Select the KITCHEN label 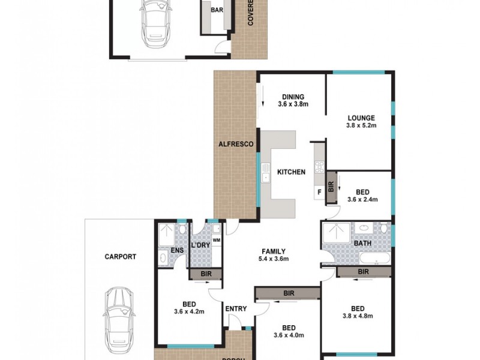coord(291,172)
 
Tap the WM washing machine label coord(217,241)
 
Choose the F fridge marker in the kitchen coord(319,191)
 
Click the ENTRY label coord(236,308)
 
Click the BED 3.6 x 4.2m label coord(189,308)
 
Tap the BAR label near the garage coord(217,10)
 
